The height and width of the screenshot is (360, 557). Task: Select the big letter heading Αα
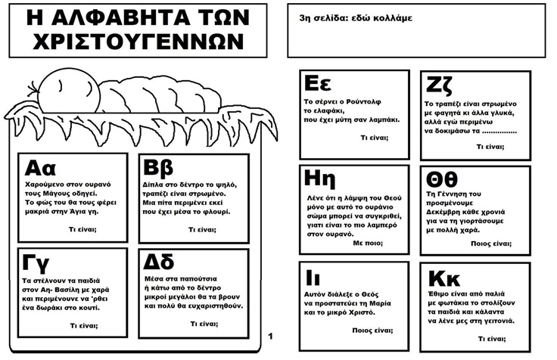pyautogui.click(x=40, y=167)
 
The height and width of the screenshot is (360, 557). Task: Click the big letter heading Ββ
pyautogui.click(x=160, y=168)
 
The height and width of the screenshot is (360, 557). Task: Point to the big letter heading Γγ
pyautogui.click(x=36, y=262)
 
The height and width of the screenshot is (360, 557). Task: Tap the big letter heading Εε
pyautogui.click(x=319, y=82)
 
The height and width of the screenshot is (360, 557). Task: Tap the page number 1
pyautogui.click(x=270, y=335)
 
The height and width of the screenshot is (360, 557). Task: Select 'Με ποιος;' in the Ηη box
pyautogui.click(x=369, y=244)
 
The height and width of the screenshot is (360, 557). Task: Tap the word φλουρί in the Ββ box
pyautogui.click(x=215, y=212)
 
